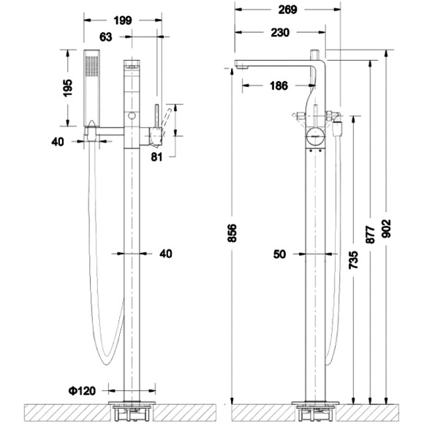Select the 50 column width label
[x=279, y=254]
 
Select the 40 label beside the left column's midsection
[x=165, y=254]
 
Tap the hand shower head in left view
[x=91, y=84]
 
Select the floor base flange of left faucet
[x=132, y=404]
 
